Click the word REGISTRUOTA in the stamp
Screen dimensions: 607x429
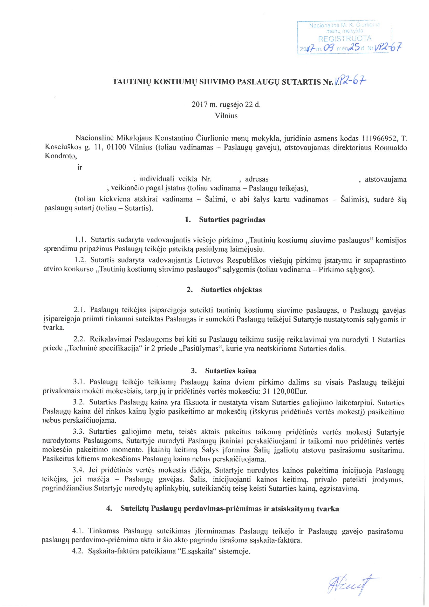point(345,39)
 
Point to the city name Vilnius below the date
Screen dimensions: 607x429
point(226,116)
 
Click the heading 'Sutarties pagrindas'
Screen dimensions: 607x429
point(232,220)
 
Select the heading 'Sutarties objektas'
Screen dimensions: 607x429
point(231,289)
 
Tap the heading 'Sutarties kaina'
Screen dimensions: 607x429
point(230,371)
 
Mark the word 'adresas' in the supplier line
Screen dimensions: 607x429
point(257,179)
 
